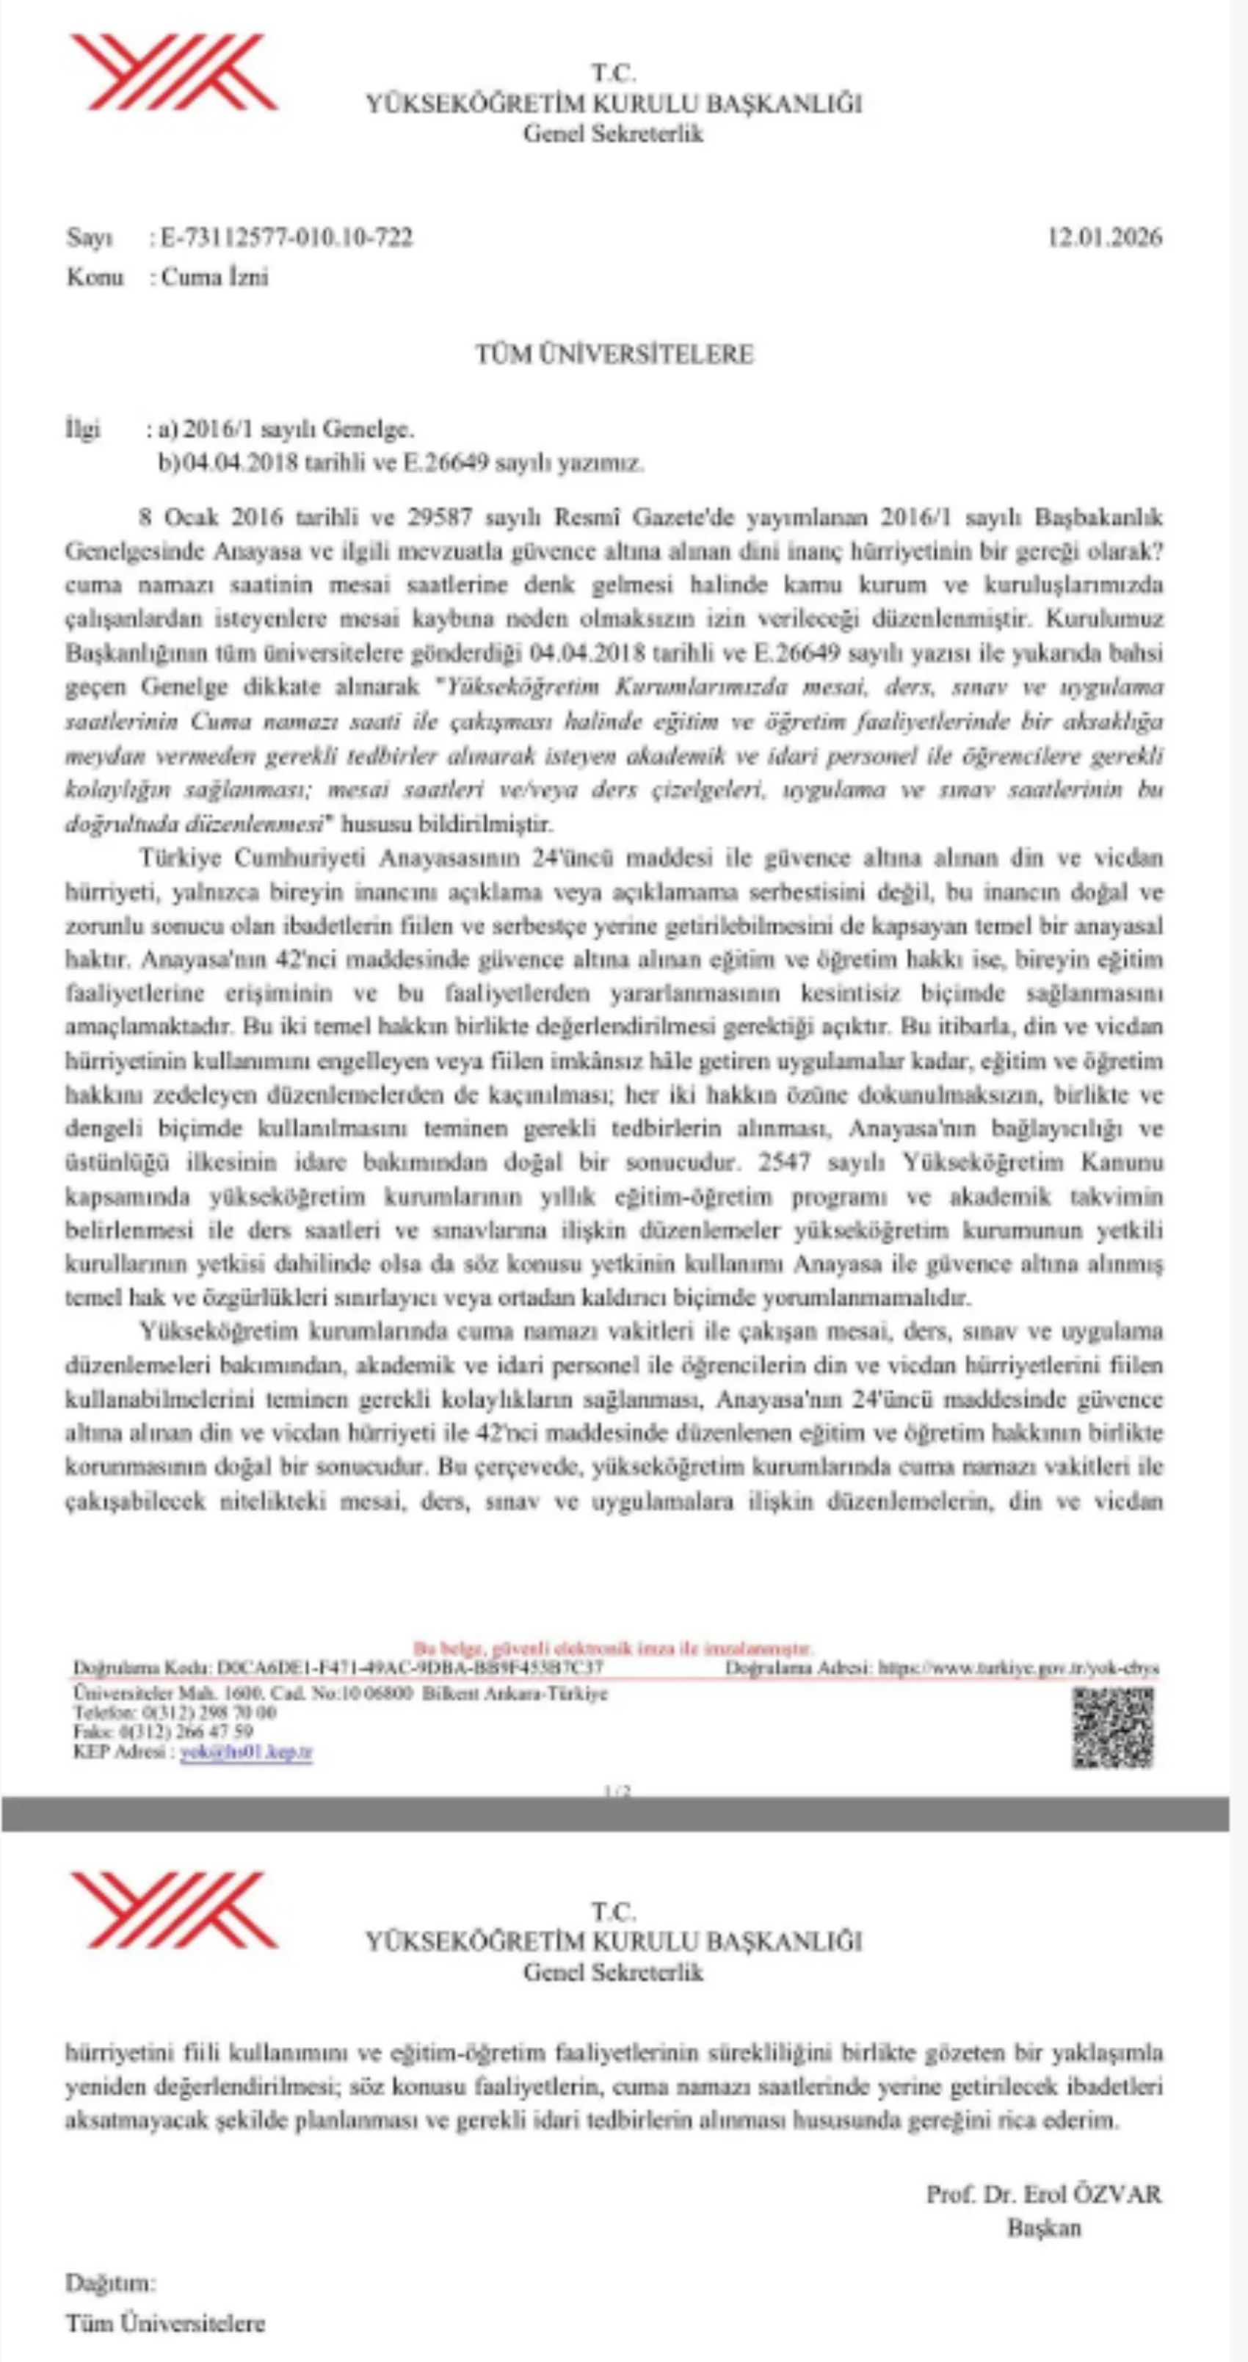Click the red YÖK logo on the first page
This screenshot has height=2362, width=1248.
pyautogui.click(x=174, y=73)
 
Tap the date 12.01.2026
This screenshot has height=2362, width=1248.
pyautogui.click(x=1104, y=237)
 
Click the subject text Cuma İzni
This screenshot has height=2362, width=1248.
pyautogui.click(x=214, y=277)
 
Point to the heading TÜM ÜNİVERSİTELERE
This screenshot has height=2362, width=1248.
pyautogui.click(x=614, y=354)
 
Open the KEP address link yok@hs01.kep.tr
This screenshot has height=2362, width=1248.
pyautogui.click(x=246, y=1753)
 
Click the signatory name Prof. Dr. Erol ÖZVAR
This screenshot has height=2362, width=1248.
pyautogui.click(x=1043, y=2194)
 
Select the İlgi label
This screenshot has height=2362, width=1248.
pyautogui.click(x=82, y=428)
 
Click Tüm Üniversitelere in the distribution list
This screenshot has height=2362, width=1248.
pyautogui.click(x=165, y=2322)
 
